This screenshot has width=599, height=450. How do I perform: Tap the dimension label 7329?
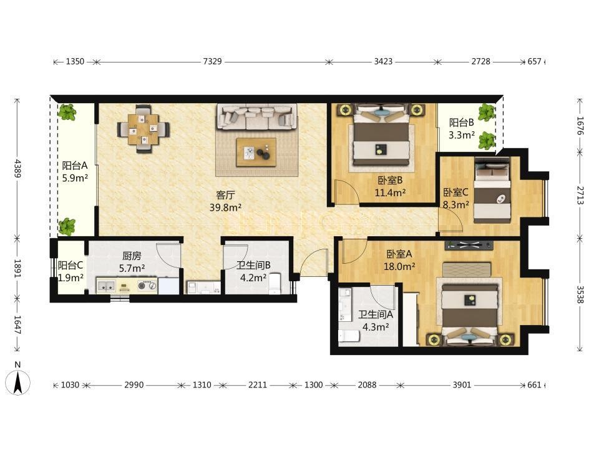tap(212, 61)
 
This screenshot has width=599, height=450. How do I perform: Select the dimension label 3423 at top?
tap(382, 61)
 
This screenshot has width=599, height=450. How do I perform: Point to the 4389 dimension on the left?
tap(17, 168)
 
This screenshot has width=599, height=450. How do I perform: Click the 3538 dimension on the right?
tap(580, 294)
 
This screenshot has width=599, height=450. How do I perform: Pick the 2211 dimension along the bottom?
tap(258, 384)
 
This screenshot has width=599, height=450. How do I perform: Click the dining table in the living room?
tap(144, 129)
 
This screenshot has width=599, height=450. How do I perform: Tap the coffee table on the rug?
tap(256, 152)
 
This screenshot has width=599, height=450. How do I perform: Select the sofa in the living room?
tap(257, 116)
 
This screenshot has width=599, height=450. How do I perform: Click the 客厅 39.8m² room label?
tap(225, 201)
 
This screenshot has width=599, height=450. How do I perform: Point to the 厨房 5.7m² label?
tap(132, 262)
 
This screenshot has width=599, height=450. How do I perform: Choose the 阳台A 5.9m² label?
tap(75, 171)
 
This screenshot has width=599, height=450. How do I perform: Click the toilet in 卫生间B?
tap(275, 283)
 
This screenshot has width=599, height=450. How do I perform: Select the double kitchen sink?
tap(106, 286)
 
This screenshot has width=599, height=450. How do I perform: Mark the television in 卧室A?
tap(469, 245)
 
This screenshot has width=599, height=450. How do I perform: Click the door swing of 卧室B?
tap(346, 191)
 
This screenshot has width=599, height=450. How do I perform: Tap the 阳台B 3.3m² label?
tap(462, 129)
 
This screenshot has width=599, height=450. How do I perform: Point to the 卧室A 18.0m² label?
tap(399, 260)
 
